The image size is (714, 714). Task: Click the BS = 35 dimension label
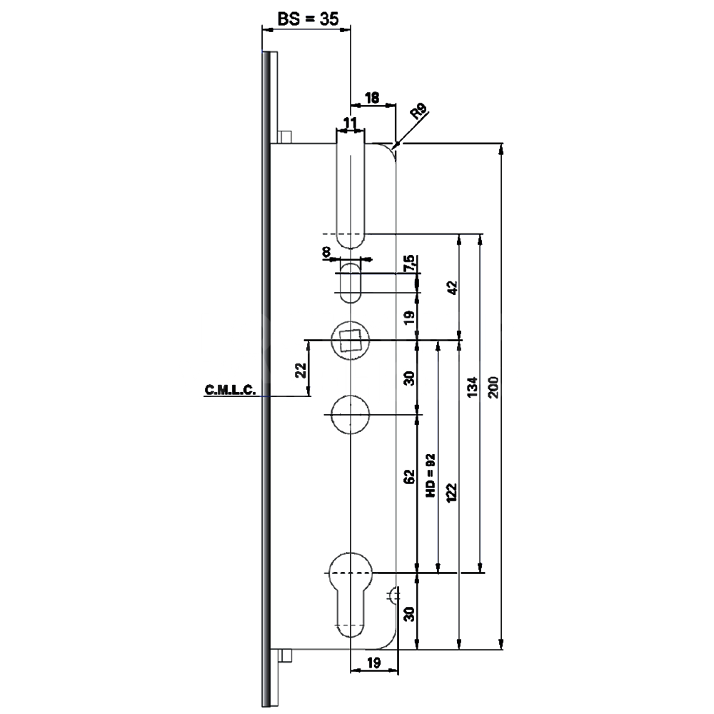tap(308, 20)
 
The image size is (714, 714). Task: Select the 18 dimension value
tap(371, 98)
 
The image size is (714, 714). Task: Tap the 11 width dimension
tap(350, 124)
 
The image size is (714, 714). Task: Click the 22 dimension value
tap(301, 369)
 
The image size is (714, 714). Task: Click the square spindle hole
tap(351, 340)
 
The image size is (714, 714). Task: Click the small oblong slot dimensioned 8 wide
tap(351, 283)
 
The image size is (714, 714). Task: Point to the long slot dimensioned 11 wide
tap(351, 189)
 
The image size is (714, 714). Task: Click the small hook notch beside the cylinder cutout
tap(393, 594)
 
